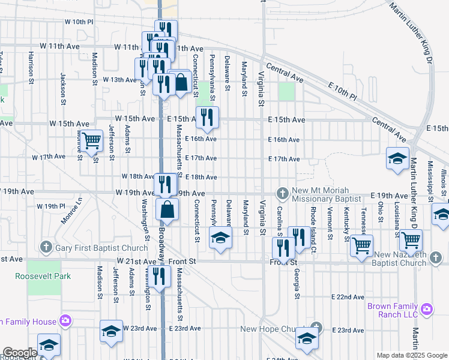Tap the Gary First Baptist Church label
[101, 248]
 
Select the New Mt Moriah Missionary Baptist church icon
[282, 193]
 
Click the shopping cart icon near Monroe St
[91, 142]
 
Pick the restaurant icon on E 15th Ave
[207, 118]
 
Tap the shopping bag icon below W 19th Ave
[167, 211]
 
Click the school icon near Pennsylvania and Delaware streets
[220, 238]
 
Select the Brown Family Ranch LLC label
[393, 310]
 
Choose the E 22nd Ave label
[348, 297]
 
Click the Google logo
[20, 353]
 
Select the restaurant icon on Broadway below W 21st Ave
[158, 277]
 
